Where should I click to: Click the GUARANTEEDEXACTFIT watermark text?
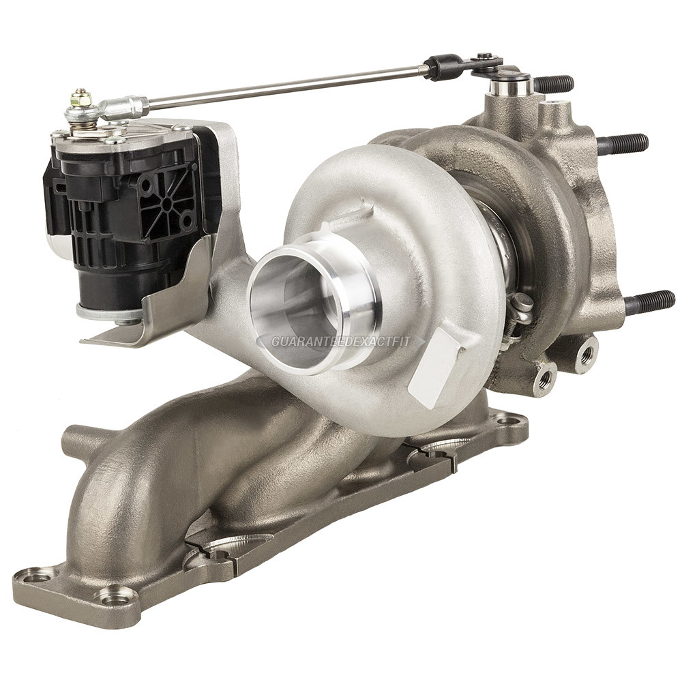[340, 342]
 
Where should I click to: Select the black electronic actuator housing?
[126, 205]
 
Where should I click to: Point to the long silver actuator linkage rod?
[285, 87]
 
